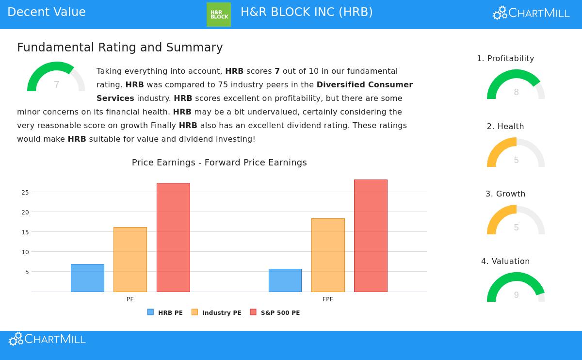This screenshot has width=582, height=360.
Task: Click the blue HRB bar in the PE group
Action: coord(87,278)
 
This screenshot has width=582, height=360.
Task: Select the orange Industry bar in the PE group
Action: coord(130,260)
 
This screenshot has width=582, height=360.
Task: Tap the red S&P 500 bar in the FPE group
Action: coord(371,236)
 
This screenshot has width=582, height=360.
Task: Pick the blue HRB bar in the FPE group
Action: coord(285,280)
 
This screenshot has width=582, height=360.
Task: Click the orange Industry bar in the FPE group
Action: coord(328,255)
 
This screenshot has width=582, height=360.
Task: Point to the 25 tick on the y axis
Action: coord(25,193)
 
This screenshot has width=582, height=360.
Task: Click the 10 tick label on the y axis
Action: coord(25,252)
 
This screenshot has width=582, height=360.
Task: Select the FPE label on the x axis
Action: coord(328,299)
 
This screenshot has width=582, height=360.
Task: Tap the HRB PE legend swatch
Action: coord(150,312)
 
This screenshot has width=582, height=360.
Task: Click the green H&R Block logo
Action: coord(219,15)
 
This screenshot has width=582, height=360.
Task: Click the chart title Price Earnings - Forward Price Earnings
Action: coord(219,163)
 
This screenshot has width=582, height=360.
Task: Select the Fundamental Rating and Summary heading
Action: coord(120,48)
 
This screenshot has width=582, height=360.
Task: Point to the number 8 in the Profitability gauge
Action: coord(516,93)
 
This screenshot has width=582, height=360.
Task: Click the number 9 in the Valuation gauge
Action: coord(516,295)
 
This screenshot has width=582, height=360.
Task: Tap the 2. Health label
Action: coord(505,127)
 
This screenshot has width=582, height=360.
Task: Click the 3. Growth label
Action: coord(505,194)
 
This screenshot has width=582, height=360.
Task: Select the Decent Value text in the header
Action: coord(47,12)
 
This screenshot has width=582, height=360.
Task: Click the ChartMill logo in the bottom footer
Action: coord(48,339)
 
